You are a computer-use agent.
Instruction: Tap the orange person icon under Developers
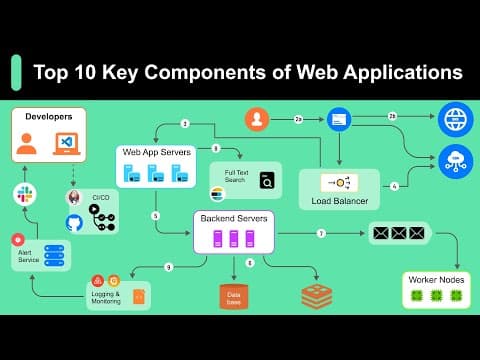[27, 143]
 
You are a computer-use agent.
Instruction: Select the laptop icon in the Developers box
[67, 143]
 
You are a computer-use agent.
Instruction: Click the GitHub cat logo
[74, 222]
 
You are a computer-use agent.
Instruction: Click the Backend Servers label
[233, 217]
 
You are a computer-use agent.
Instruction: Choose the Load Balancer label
[339, 200]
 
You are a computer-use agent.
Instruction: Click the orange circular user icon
[258, 119]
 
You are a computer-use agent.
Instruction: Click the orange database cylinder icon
[234, 296]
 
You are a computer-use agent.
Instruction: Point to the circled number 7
[321, 233]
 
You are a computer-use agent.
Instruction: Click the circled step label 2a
[298, 119]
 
